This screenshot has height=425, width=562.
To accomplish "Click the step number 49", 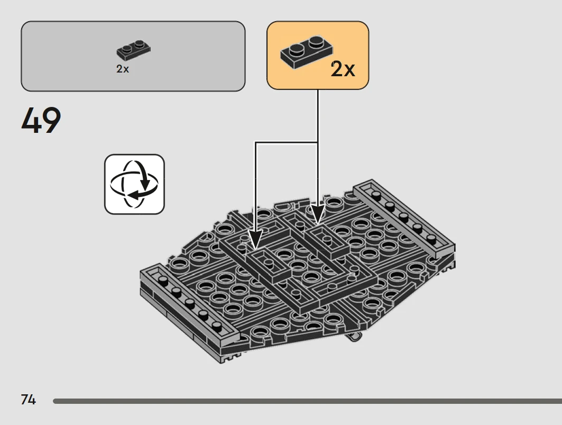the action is point(41,120).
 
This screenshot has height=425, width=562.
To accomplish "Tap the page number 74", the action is point(29,400).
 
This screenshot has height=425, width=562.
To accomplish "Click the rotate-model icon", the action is point(134,185).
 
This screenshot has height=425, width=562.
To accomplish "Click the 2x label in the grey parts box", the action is point(123,69).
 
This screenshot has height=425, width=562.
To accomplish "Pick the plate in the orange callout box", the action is point(307,52).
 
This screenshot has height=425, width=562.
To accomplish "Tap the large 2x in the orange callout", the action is point(343,69).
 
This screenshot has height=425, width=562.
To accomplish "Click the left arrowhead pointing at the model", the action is point(255,240).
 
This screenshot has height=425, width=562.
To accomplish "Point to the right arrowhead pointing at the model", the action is point(318,214).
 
